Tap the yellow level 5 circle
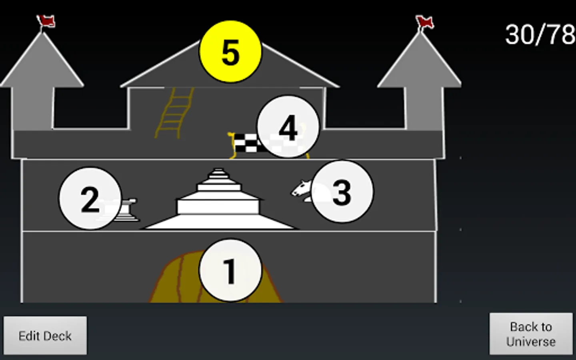pos(230,52)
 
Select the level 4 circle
pos(288,127)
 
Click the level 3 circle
pos(342,192)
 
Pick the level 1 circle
pos(230,270)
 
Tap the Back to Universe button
pos(531,334)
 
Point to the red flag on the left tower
pos(46,21)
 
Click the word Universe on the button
pos(531,342)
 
